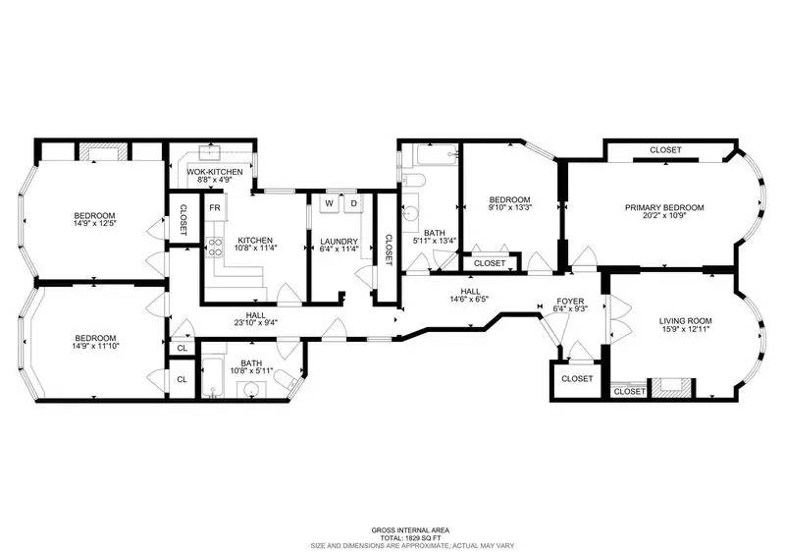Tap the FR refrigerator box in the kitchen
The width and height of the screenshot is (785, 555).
click(x=213, y=208)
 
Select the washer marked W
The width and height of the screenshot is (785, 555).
click(x=330, y=203)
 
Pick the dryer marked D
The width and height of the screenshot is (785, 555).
click(x=353, y=203)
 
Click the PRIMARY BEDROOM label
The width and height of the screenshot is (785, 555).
click(x=664, y=207)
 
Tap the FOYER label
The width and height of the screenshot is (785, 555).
click(x=570, y=301)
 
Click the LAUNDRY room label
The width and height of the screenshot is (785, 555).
click(x=338, y=242)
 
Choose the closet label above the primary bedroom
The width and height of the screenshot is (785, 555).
click(x=665, y=150)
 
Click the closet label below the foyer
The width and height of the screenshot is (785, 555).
click(x=577, y=378)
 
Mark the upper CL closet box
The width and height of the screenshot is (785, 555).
click(x=182, y=348)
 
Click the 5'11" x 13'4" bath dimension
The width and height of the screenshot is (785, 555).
click(x=435, y=241)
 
